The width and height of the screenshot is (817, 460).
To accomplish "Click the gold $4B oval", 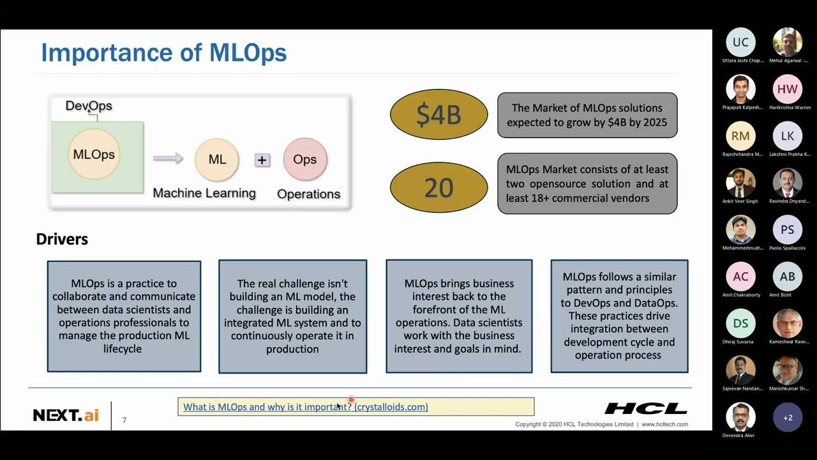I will pyautogui.click(x=438, y=114).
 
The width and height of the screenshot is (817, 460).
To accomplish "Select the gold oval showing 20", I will pyautogui.click(x=438, y=187).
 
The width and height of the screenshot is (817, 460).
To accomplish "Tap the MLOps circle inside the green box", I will pyautogui.click(x=94, y=154).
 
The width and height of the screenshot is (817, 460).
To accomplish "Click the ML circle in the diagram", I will pyautogui.click(x=217, y=159).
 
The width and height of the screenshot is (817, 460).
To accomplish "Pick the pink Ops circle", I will pyautogui.click(x=304, y=159).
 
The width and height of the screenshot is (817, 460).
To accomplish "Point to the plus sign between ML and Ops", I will pyautogui.click(x=262, y=160).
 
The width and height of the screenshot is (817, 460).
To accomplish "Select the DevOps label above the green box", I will pyautogui.click(x=89, y=105).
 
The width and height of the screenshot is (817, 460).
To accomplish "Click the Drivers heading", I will pyautogui.click(x=62, y=239).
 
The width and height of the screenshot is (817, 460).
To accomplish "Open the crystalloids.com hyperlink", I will pyautogui.click(x=305, y=406).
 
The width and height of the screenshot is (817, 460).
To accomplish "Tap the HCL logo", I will pyautogui.click(x=645, y=408).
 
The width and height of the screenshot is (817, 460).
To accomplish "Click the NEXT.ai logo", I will pyautogui.click(x=66, y=415).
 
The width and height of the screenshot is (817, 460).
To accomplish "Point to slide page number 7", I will pyautogui.click(x=124, y=420).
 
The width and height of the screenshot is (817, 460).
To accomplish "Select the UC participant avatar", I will pyautogui.click(x=740, y=42).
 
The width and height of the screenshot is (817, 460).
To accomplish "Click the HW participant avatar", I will pyautogui.click(x=788, y=89).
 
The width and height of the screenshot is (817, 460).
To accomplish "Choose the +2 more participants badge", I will pyautogui.click(x=788, y=417).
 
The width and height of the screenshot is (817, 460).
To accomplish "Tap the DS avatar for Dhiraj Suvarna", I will pyautogui.click(x=740, y=323).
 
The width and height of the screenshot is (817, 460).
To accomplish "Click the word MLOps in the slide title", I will pyautogui.click(x=248, y=53).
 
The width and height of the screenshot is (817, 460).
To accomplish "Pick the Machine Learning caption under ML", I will pyautogui.click(x=204, y=193).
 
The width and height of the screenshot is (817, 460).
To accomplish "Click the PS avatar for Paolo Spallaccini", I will pyautogui.click(x=788, y=230).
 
